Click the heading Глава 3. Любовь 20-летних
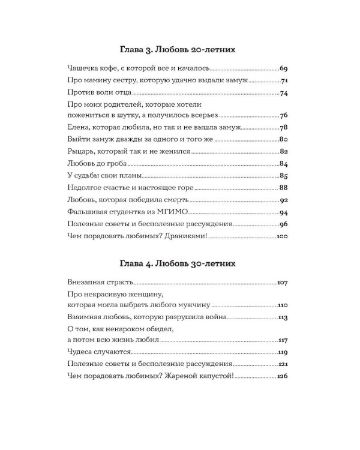coord(179,47)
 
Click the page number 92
coord(284,200)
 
